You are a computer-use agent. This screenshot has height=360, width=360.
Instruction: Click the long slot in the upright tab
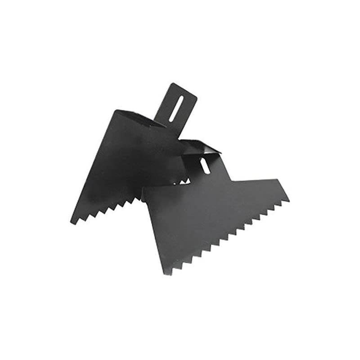175,108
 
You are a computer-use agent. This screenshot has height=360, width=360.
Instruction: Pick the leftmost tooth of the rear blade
73,221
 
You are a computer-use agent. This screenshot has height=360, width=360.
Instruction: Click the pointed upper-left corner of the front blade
143,189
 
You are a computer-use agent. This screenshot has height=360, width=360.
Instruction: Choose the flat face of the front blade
211,211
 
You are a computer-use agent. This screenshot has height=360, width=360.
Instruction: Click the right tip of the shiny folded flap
220,152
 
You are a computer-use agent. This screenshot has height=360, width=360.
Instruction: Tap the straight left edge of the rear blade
92,166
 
